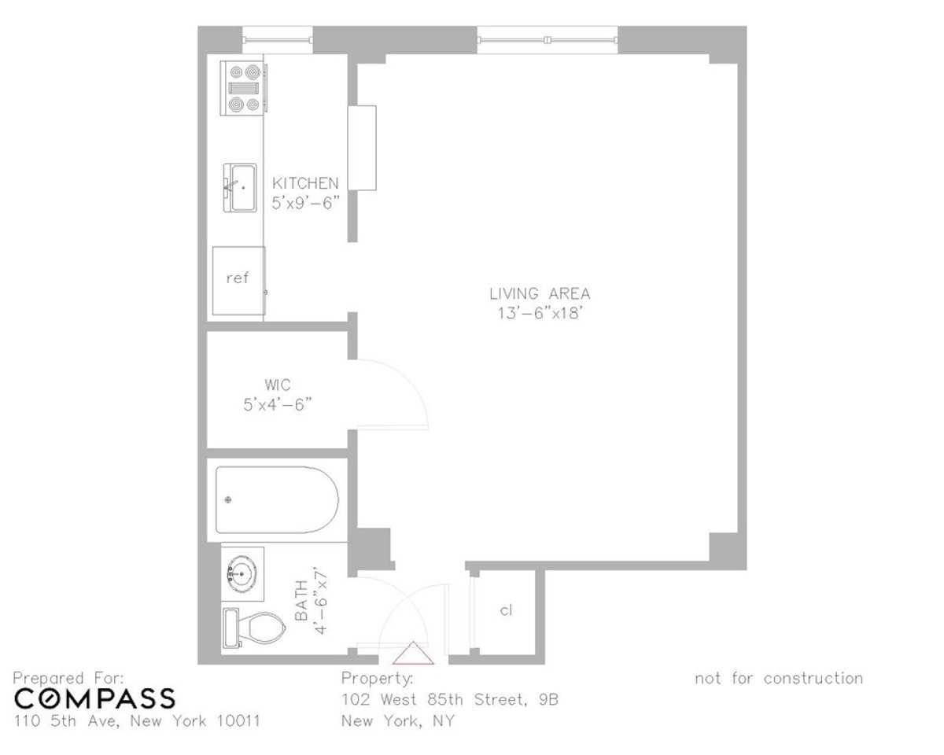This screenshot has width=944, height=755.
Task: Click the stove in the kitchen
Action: click(x=243, y=87)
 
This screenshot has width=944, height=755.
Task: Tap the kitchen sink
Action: click(x=242, y=188)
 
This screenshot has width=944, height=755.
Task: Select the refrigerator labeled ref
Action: click(x=238, y=279)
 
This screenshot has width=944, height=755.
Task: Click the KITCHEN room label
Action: click(x=305, y=183)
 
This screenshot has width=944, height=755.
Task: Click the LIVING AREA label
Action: click(x=540, y=294)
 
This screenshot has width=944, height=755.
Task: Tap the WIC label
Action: click(x=278, y=385)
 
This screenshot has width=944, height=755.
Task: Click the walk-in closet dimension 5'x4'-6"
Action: click(x=278, y=403)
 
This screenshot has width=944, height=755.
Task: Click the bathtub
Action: click(x=277, y=499)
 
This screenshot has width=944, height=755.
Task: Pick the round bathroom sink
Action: click(x=242, y=575)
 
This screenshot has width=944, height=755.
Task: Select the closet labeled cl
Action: click(x=507, y=610)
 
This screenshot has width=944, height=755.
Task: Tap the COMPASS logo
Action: click(x=95, y=698)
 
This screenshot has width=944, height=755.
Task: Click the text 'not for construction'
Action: click(x=778, y=679)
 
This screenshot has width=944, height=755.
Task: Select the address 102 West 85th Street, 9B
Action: click(x=449, y=699)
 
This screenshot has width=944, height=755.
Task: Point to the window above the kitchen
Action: click(x=277, y=37)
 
